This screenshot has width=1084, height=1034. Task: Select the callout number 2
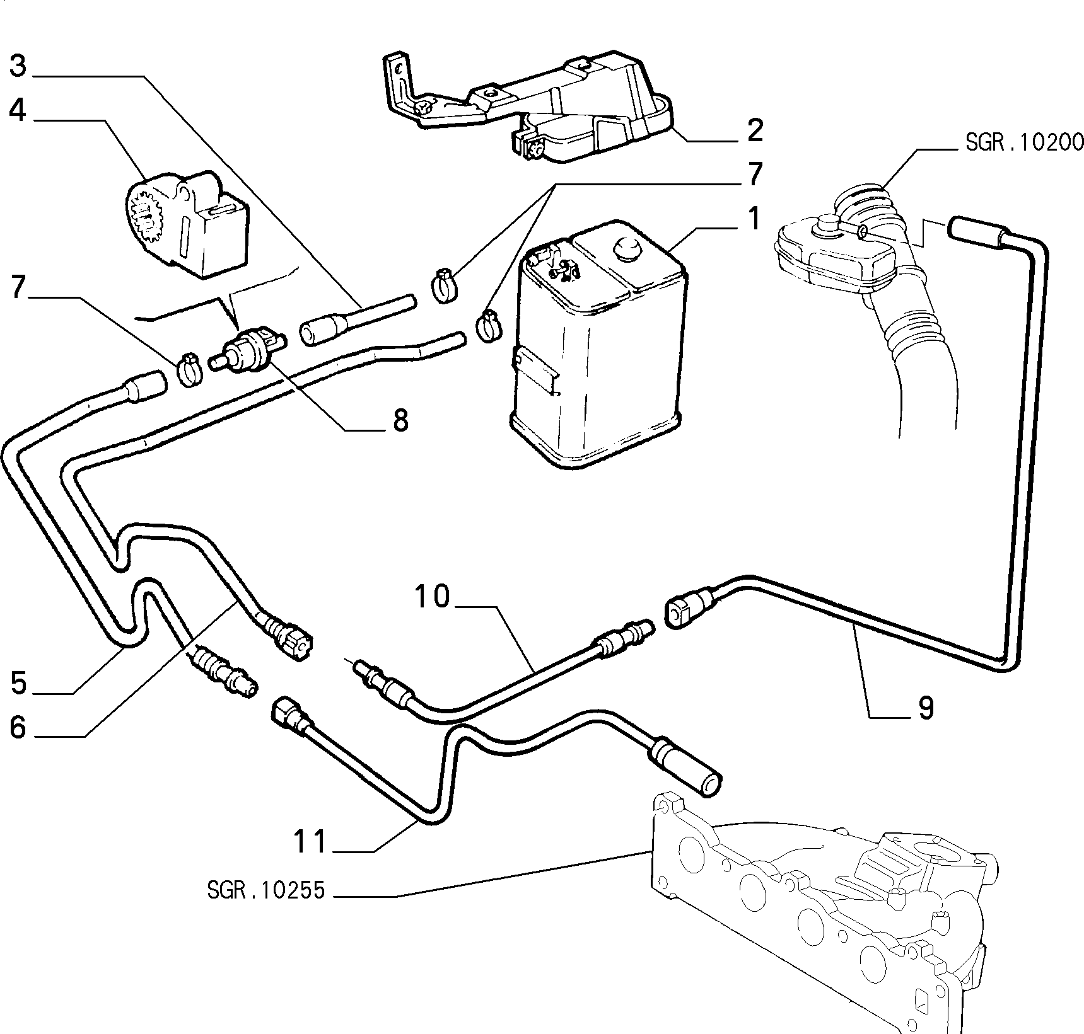pyautogui.click(x=755, y=130)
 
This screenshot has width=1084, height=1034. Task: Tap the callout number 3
pyautogui.click(x=18, y=65)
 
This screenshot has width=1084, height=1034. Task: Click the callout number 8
pyautogui.click(x=401, y=420)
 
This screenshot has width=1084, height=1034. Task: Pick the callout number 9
pyautogui.click(x=925, y=708)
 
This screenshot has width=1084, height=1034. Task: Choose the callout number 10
pyautogui.click(x=433, y=596)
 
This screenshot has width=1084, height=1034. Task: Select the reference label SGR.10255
pyautogui.click(x=265, y=890)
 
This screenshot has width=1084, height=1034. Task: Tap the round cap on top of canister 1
pyautogui.click(x=627, y=248)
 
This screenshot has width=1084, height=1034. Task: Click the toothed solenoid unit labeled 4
pyautogui.click(x=187, y=224)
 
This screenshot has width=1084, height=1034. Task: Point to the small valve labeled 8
pyautogui.click(x=250, y=350)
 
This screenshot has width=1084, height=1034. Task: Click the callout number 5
pyautogui.click(x=18, y=682)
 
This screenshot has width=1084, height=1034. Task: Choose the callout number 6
pyautogui.click(x=18, y=727)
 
